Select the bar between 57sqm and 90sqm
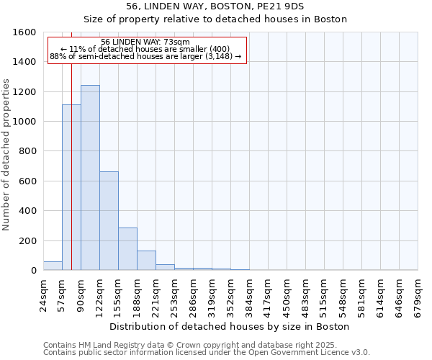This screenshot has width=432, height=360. pyautogui.click(x=71, y=187)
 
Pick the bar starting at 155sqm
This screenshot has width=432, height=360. pyautogui.click(x=127, y=249)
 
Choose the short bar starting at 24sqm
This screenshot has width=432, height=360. pyautogui.click(x=53, y=266)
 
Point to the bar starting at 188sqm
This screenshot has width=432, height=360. pyautogui.click(x=146, y=261)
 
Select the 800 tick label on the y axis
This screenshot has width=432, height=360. pyautogui.click(x=28, y=151)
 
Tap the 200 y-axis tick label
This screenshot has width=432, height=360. pyautogui.click(x=28, y=240)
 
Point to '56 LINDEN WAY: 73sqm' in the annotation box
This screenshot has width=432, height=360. pyautogui.click(x=145, y=42)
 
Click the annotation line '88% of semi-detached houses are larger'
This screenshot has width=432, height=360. pyautogui.click(x=145, y=57)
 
